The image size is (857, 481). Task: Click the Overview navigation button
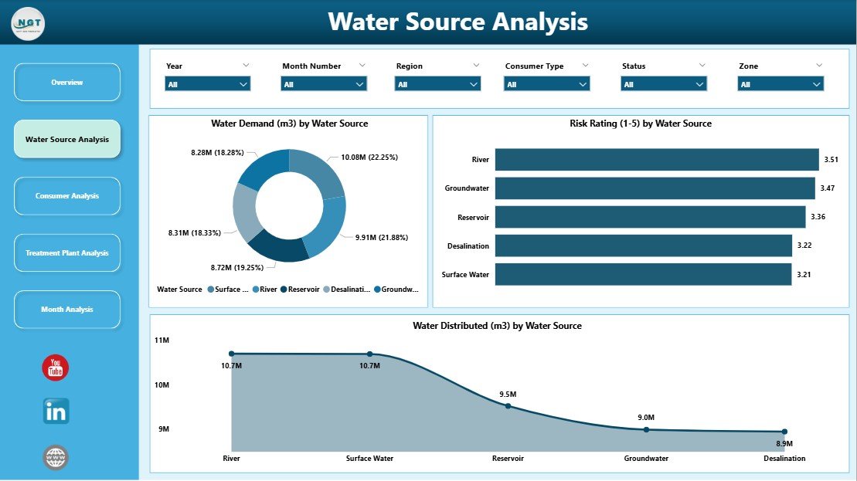coord(67,83)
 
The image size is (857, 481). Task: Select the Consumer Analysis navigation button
coord(67,196)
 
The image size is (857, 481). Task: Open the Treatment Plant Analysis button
coord(67,253)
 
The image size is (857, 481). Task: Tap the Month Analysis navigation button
coord(67,310)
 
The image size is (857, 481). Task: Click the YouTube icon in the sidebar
coord(56,368)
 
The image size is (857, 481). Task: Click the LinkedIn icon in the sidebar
coord(56,412)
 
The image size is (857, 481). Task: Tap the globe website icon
coord(56,458)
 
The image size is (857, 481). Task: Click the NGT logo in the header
coord(28,23)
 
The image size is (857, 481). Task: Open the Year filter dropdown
coord(207,84)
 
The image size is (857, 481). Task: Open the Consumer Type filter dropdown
coord(547,84)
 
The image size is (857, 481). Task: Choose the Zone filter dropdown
coord(780,84)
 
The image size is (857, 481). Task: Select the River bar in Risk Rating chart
coord(656,160)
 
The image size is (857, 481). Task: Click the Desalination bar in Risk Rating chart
coord(643,246)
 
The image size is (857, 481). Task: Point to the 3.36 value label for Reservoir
coord(818,217)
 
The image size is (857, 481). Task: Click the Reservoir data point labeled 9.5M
coord(508,405)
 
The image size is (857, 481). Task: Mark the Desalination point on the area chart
coord(784,432)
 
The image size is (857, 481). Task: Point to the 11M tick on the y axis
coord(162,340)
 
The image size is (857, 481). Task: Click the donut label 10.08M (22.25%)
coord(369,157)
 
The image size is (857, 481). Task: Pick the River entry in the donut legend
coord(264,290)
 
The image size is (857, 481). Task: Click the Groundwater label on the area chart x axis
coord(646,459)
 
